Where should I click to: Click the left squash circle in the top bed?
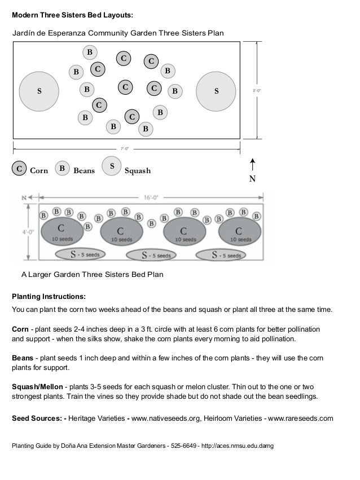(x=39, y=91)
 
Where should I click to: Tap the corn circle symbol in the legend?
(x=19, y=169)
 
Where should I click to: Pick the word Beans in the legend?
(x=84, y=170)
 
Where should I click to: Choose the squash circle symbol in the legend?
(x=112, y=166)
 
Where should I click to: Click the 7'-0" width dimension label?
(x=125, y=149)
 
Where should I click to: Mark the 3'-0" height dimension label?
(x=256, y=90)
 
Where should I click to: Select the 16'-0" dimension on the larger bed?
(x=150, y=197)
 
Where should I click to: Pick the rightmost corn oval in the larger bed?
(x=239, y=232)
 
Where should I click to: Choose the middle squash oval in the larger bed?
(x=156, y=255)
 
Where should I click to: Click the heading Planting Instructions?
(x=49, y=296)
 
